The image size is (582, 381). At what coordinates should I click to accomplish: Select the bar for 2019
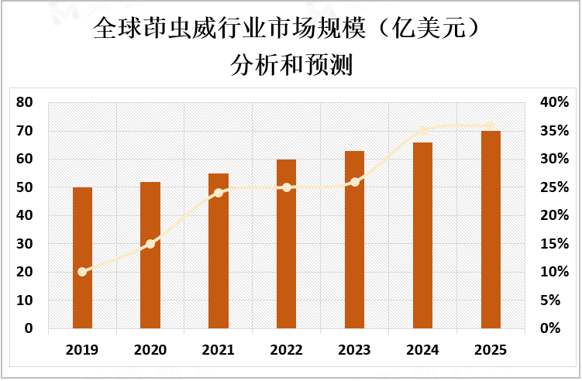pos(82,258)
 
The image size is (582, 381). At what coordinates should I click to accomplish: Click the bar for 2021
pos(219,251)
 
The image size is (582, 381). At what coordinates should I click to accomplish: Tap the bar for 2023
pos(354,239)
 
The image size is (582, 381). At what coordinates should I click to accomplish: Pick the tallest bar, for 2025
pos(491,230)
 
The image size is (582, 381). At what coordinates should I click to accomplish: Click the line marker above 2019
pos(82,272)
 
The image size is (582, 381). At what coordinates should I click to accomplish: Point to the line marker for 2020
pos(150,244)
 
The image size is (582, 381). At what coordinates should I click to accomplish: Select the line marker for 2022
pos(287,187)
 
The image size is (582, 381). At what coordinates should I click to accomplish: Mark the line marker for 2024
pos(423,131)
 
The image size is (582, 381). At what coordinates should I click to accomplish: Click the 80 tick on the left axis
pos(24,103)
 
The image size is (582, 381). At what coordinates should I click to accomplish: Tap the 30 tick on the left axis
pos(24,244)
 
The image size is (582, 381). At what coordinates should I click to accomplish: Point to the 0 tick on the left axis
pos(28,328)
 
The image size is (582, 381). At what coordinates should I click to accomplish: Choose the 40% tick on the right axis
pos(554,103)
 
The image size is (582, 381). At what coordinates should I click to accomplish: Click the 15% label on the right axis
pos(554,244)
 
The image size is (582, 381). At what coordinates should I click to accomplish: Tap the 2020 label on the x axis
pos(150,351)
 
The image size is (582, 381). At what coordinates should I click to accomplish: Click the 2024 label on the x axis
pos(423,351)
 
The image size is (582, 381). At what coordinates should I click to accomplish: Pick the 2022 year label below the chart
pos(287,351)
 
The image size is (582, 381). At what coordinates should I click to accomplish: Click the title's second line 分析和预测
pos(291,66)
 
